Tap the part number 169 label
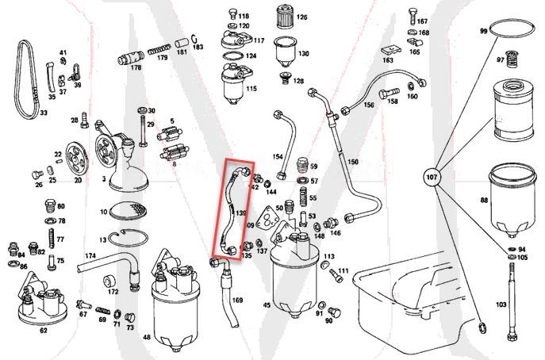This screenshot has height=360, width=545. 237,300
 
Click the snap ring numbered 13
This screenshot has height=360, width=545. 131,238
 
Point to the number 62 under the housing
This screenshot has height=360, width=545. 43,330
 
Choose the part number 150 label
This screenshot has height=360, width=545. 353,162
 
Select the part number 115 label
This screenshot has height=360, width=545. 251,89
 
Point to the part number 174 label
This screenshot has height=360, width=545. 90,255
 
